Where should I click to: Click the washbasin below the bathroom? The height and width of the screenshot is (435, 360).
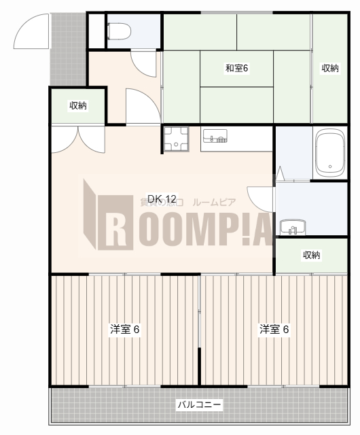point(293,226)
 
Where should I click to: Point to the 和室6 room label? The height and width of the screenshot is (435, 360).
point(237,68)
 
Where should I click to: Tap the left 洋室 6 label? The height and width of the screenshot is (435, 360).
point(125,330)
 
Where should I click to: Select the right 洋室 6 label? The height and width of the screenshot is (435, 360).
point(274,330)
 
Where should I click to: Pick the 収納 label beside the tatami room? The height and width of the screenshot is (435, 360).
point(330,68)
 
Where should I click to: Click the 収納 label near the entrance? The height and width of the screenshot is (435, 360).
point(78,105)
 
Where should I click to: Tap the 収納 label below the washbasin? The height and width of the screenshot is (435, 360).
point(311,255)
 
